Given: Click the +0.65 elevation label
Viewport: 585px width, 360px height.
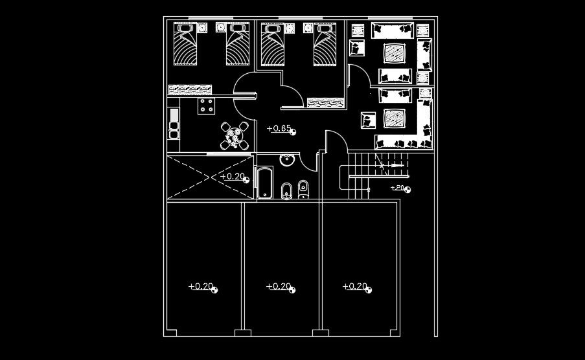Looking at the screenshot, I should [280, 128].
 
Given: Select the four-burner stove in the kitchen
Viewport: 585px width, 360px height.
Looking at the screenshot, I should [207, 105].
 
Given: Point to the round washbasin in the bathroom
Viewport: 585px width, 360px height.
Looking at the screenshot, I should [287, 160].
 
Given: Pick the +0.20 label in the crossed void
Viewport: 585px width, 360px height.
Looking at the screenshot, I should [233, 176].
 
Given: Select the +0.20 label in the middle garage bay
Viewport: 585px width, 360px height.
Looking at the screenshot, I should [279, 286].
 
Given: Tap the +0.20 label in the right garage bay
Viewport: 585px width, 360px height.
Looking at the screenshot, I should [355, 286].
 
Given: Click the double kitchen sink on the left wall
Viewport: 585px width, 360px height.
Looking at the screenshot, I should [174, 124].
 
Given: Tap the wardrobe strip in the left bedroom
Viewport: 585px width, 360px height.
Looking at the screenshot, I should [190, 89].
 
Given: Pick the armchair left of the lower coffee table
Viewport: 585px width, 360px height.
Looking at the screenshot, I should [369, 120].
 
